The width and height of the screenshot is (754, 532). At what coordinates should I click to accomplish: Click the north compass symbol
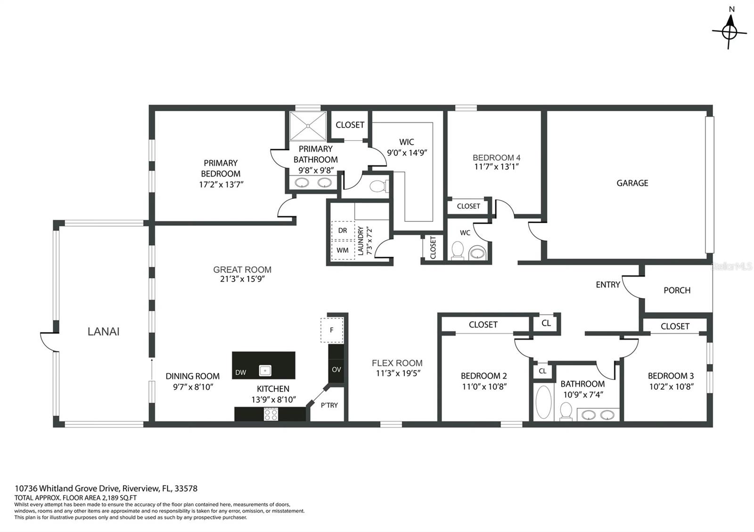click(729, 31)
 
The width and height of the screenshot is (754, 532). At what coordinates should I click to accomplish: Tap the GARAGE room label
click(632, 183)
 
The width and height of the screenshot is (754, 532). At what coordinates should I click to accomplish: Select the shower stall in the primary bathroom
click(308, 126)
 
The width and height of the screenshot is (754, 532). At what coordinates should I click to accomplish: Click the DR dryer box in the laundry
click(343, 230)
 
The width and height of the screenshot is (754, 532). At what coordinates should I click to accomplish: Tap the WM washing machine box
click(343, 250)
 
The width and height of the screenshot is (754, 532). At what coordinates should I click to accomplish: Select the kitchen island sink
click(265, 371)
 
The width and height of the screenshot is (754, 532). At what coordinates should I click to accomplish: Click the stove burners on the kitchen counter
click(270, 414)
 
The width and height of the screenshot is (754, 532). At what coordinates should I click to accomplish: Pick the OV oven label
click(336, 369)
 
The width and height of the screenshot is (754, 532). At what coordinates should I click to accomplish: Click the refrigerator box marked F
click(332, 330)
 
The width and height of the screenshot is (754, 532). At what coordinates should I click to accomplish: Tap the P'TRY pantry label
click(329, 405)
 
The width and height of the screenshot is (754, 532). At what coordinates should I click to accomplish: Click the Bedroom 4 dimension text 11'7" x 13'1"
click(496, 166)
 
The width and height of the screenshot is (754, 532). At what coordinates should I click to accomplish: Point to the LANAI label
click(103, 331)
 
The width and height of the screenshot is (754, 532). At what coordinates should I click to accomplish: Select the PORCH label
click(677, 290)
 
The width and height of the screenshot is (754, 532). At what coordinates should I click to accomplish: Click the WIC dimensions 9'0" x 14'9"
click(407, 153)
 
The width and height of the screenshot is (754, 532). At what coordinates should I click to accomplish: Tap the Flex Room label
click(397, 363)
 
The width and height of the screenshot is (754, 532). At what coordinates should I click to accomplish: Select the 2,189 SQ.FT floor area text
click(115, 497)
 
